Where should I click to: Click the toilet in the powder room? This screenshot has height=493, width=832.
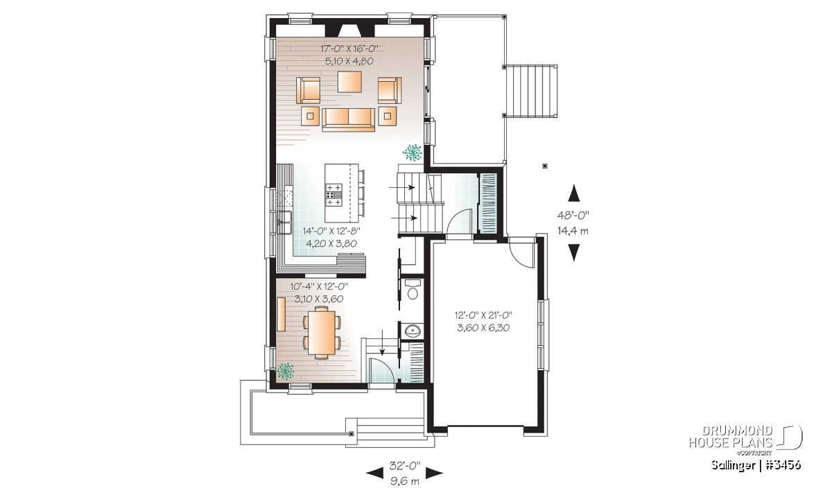click(x=413, y=288)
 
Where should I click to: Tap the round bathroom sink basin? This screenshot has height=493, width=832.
click(x=413, y=330)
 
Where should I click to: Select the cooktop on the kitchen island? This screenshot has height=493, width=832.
click(x=333, y=195)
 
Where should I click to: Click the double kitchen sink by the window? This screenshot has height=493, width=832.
click(x=284, y=222)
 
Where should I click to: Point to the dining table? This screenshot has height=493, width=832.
click(x=321, y=333)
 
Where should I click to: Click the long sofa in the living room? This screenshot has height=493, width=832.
click(x=348, y=120)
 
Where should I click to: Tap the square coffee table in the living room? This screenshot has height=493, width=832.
click(x=349, y=82)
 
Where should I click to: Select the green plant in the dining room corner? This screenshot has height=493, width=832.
click(x=285, y=371)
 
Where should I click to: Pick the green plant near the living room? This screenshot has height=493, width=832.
click(x=412, y=153)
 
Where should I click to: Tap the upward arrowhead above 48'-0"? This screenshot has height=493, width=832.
click(x=574, y=193)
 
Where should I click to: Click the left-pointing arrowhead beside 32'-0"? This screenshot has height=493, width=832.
click(x=375, y=473)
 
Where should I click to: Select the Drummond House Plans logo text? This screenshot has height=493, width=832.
click(x=731, y=437)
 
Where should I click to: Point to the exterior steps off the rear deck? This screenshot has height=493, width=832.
click(x=531, y=92)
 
